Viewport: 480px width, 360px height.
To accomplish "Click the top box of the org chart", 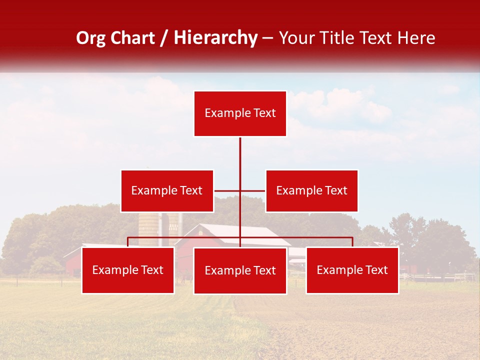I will coord(240,113).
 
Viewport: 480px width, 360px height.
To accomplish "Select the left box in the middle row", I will coord(167,190).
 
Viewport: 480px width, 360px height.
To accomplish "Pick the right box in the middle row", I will coord(311,190).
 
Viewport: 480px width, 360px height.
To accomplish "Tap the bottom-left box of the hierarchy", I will coord(128,270).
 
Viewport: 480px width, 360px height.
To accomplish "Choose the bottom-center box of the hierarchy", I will coord(240,270).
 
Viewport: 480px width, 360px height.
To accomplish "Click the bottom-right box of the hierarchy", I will coord(352,270).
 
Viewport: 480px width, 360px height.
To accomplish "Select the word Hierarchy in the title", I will coord(215,38).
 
